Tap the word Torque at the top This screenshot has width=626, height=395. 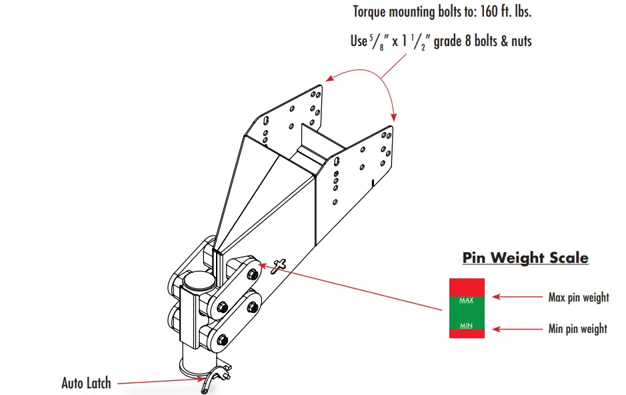click(373, 12)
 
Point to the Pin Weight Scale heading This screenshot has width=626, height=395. click(525, 258)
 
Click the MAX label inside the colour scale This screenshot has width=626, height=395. click(467, 300)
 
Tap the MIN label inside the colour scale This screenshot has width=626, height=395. click(467, 326)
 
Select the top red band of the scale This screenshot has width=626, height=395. click(467, 287)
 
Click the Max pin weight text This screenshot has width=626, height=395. click(578, 298)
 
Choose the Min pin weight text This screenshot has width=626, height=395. click(577, 328)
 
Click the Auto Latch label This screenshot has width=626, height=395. click(86, 383)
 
